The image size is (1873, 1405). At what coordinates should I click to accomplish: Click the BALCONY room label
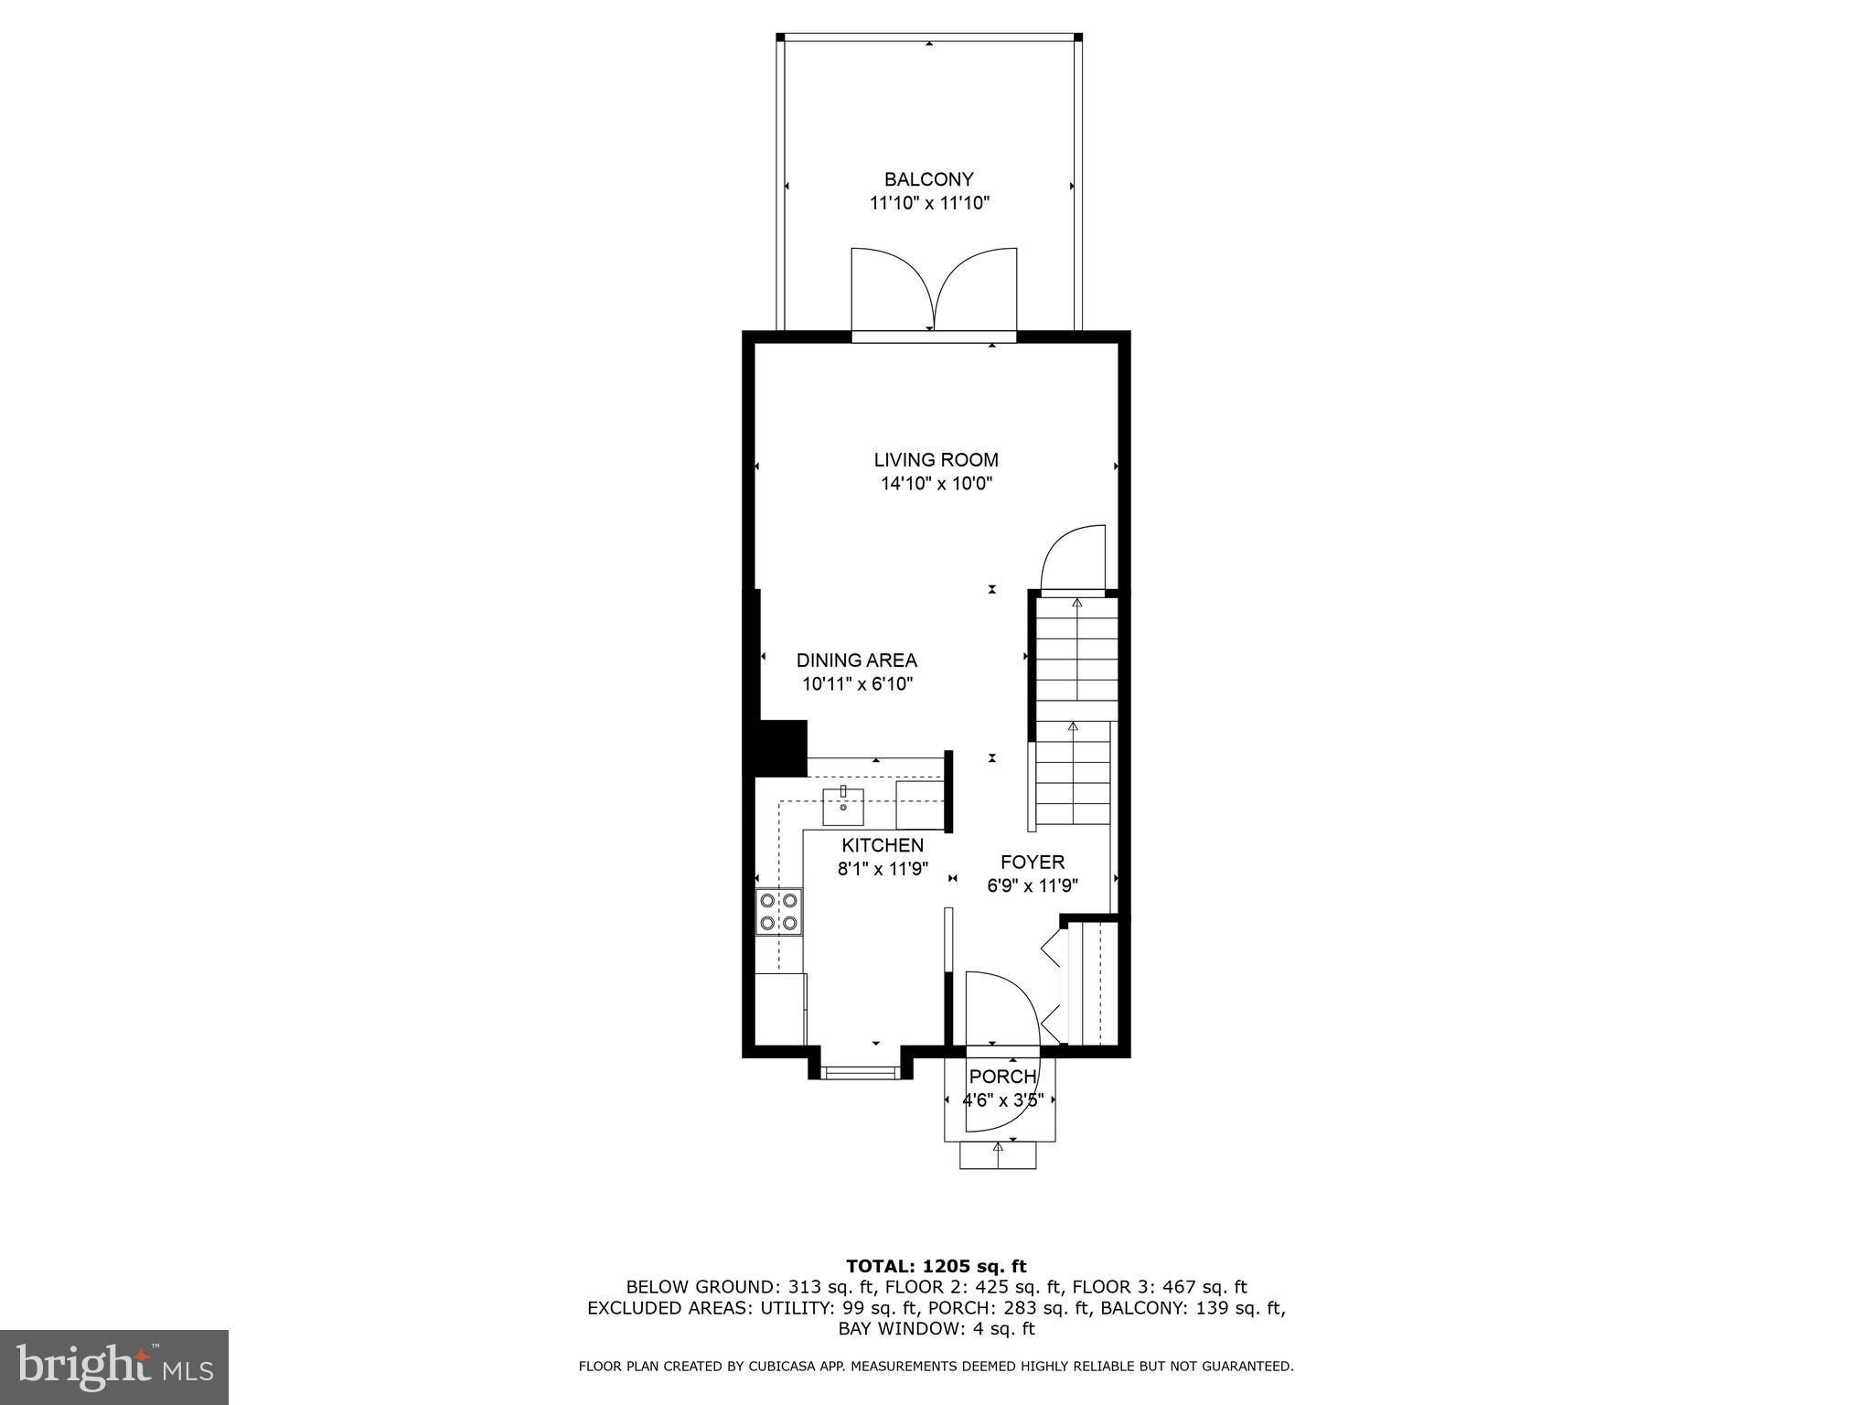click(928, 179)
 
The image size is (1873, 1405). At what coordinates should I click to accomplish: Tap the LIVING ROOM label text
click(936, 460)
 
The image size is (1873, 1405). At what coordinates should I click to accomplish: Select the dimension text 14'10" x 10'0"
click(936, 484)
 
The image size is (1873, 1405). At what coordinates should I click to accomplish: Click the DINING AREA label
click(856, 660)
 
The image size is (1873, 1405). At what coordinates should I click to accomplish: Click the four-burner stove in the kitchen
click(779, 911)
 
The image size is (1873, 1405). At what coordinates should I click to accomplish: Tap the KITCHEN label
click(883, 845)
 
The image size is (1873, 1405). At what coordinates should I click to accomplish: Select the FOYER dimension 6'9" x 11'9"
click(1033, 885)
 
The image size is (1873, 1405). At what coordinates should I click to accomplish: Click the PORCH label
click(1002, 1077)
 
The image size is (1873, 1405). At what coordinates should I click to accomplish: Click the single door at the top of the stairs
click(1076, 560)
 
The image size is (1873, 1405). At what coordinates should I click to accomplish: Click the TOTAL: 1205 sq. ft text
click(936, 1266)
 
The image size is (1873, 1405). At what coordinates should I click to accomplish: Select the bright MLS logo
click(114, 1367)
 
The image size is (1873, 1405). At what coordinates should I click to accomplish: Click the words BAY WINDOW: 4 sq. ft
click(936, 1329)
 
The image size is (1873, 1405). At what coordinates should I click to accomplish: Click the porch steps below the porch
click(998, 1155)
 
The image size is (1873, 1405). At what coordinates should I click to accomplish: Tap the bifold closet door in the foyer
click(1057, 983)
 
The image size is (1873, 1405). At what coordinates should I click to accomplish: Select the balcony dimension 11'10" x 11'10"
click(929, 203)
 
